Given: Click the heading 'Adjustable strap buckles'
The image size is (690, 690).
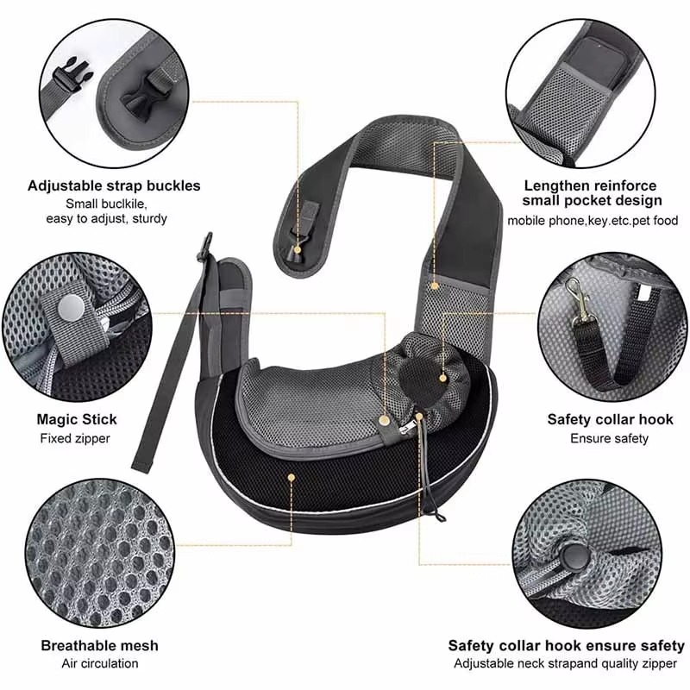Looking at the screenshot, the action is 114,186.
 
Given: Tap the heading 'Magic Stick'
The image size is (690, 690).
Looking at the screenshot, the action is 77,419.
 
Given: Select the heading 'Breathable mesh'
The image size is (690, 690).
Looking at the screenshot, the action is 99,645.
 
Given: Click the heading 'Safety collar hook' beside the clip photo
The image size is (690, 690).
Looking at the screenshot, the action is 610,419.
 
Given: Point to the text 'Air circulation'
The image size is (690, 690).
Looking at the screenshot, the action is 100,663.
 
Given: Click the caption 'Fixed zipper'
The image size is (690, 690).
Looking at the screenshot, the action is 75,438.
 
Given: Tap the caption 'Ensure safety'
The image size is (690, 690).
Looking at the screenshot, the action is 610,438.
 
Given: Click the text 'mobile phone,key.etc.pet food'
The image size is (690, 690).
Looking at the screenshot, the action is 593,221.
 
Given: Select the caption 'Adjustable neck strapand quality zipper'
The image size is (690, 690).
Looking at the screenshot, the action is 565,663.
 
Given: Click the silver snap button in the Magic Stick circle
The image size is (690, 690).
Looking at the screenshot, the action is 71,307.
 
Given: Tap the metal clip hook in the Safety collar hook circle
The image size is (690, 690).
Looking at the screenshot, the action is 580,299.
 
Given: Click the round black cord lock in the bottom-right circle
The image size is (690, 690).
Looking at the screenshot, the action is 574,557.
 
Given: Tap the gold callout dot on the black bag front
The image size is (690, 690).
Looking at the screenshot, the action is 291,477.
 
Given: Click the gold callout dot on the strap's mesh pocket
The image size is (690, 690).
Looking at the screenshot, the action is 435,286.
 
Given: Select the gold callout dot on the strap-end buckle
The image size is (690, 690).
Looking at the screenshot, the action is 298,250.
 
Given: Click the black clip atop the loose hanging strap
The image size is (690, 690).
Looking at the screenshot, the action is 205,247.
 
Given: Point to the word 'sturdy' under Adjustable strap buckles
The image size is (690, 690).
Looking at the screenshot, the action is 149,219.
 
